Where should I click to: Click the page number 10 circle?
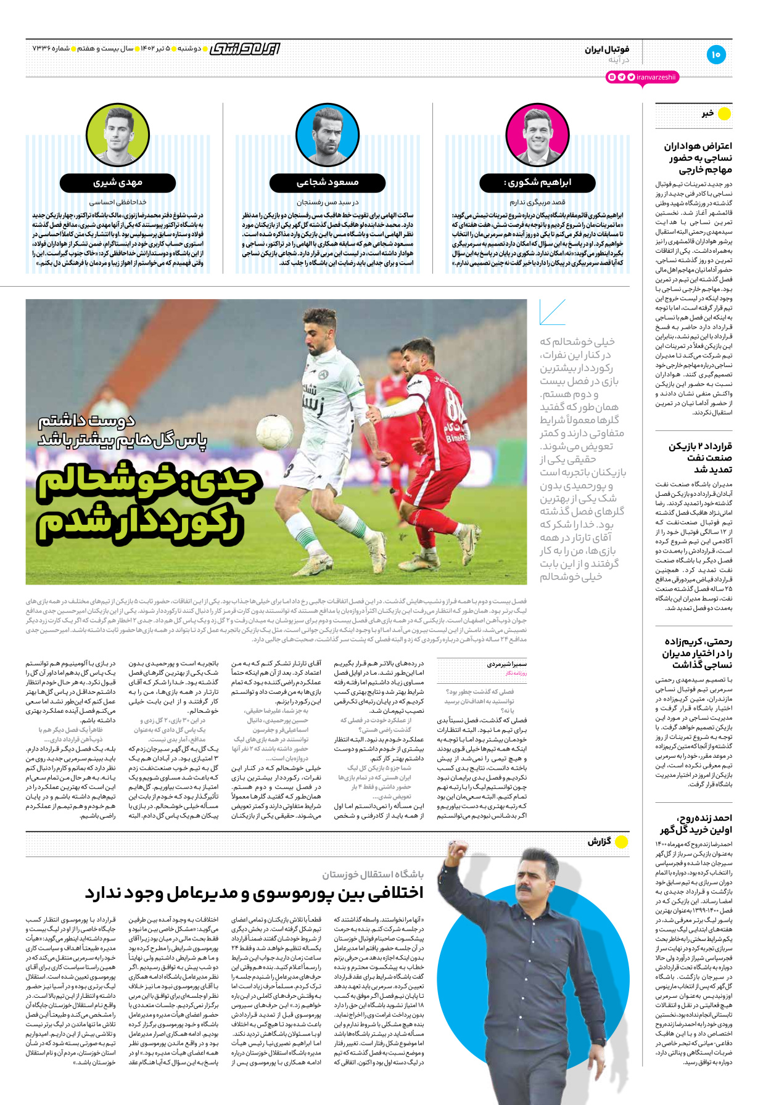tap(715, 54)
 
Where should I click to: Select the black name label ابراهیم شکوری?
tap(537, 183)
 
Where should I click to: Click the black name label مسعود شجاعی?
tap(328, 183)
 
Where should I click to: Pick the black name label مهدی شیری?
tap(118, 183)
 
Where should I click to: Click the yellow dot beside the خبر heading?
tap(724, 113)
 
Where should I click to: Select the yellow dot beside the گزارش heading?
tap(622, 841)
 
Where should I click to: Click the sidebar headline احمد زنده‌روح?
tap(696, 823)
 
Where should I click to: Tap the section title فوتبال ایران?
tap(607, 49)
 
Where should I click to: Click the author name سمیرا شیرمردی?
tap(507, 664)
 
